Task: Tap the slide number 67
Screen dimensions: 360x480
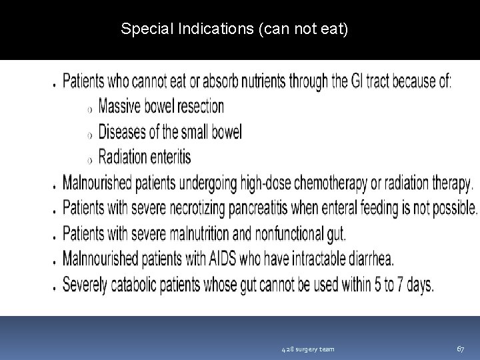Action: (460, 349)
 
